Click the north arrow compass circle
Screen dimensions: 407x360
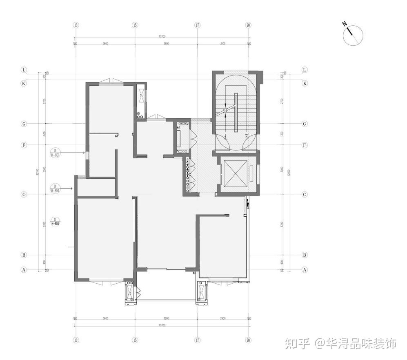(353, 36)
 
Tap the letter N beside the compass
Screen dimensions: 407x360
(345, 24)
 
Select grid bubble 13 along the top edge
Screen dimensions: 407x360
(76, 25)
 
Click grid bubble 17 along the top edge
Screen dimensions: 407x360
(197, 25)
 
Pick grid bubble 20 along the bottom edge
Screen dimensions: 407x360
(248, 340)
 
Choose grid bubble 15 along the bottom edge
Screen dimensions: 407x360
(135, 340)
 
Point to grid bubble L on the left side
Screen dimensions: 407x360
(24, 70)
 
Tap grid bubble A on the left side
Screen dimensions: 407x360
(24, 269)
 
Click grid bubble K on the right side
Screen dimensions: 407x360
(305, 83)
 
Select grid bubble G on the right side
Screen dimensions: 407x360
(305, 124)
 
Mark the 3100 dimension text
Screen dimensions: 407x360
(222, 43)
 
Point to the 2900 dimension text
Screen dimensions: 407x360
(222, 318)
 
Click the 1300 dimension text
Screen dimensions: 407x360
(282, 134)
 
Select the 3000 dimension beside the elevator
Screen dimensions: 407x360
(282, 169)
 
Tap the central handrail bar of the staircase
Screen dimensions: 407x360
(236, 113)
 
